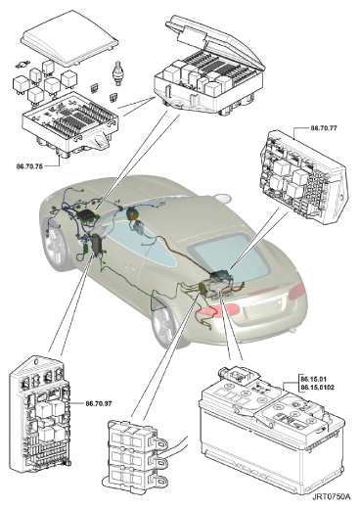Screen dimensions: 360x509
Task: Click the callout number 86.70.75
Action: [x=29, y=166]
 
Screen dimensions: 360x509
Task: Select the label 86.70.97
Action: [x=99, y=403]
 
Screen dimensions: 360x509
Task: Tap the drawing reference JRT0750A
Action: [x=332, y=497]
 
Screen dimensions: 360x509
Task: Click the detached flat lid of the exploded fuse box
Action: [x=69, y=37]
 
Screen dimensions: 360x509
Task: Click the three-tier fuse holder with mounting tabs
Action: [x=136, y=456]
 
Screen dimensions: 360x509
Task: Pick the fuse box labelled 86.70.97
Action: [x=41, y=414]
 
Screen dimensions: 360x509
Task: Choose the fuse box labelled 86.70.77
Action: [x=303, y=178]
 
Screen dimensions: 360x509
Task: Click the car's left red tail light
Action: [x=219, y=310]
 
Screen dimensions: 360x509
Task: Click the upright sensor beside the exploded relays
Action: [x=117, y=73]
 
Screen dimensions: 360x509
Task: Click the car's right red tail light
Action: [x=296, y=291]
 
